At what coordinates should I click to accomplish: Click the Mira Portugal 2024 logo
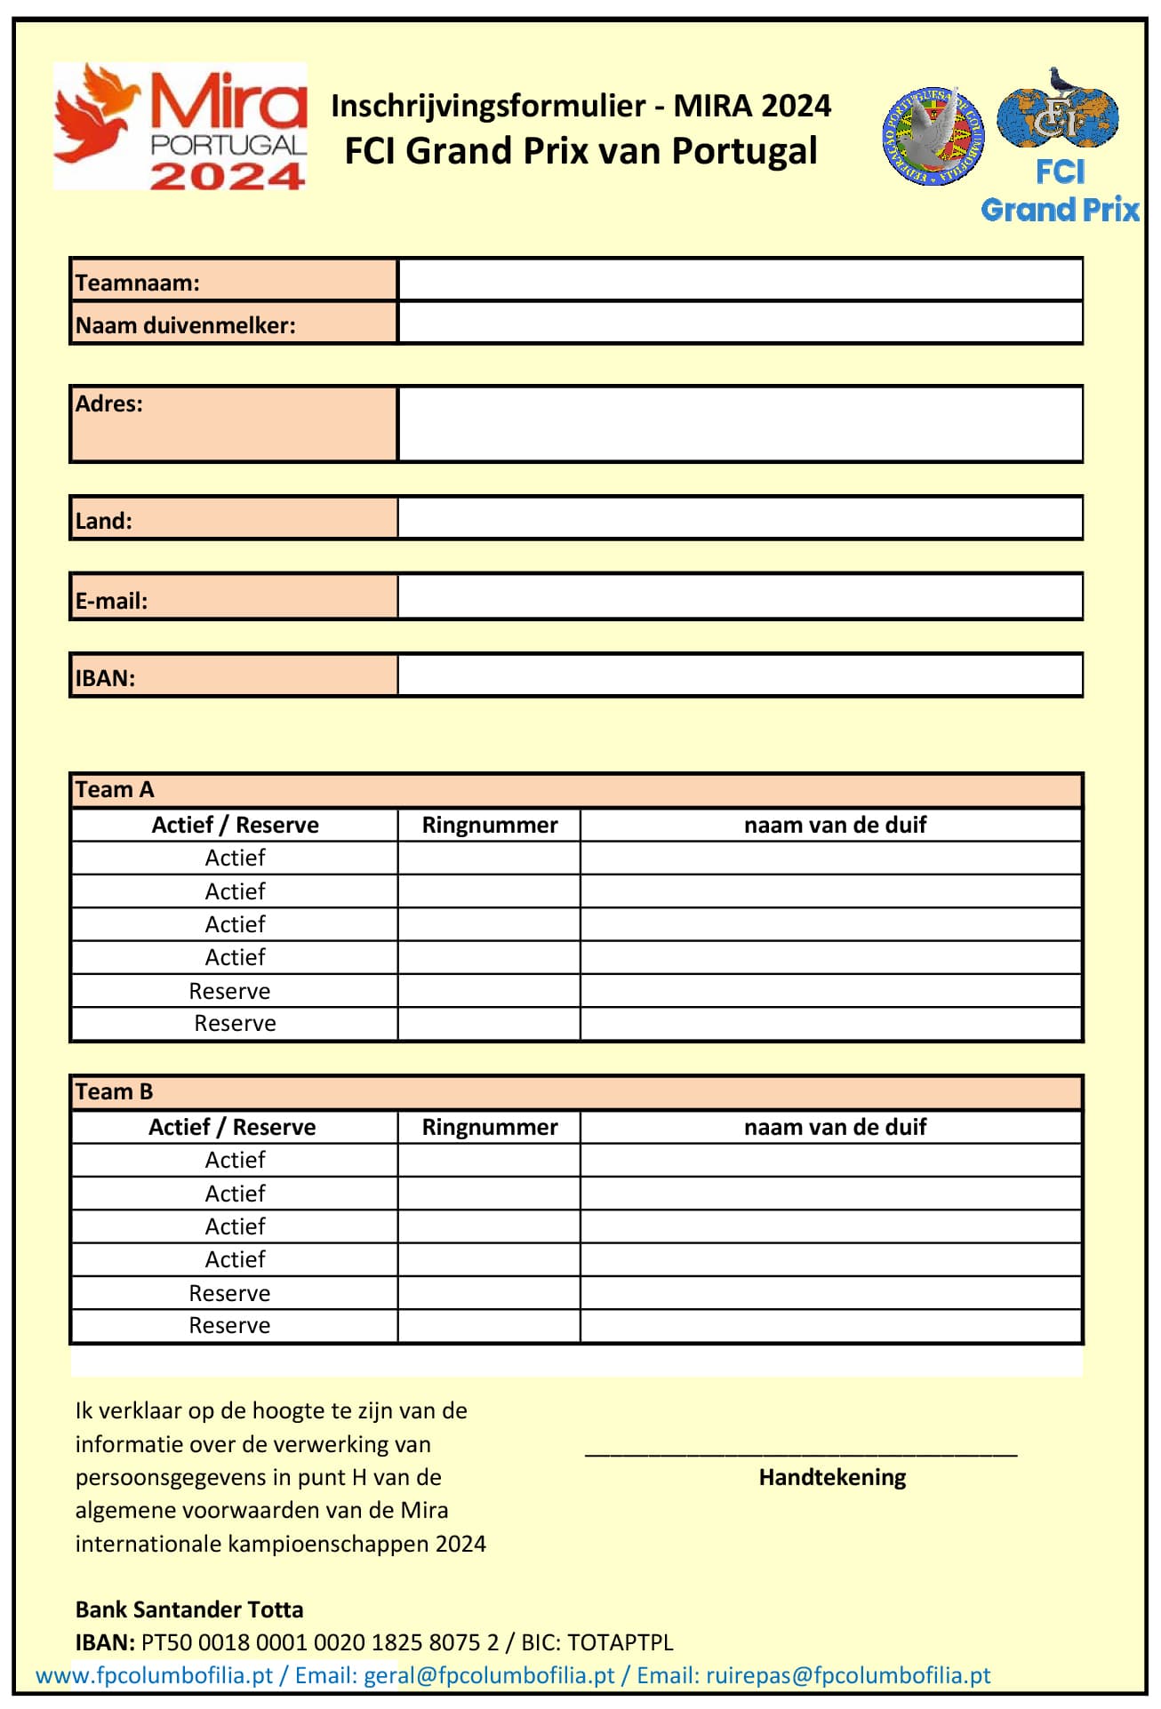click(180, 125)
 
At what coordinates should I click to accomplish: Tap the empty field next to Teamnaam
click(740, 280)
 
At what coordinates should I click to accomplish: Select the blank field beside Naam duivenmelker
click(740, 323)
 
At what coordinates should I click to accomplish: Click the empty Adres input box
click(740, 424)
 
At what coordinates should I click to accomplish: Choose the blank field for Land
click(740, 518)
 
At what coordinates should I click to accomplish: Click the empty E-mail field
click(740, 596)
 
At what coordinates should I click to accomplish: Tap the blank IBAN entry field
click(740, 675)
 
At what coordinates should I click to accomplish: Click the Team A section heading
click(115, 789)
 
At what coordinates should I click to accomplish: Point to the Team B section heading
click(115, 1091)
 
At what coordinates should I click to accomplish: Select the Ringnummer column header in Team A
click(490, 825)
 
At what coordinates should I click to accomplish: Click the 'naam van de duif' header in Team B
click(835, 1127)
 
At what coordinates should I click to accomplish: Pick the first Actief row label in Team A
click(235, 858)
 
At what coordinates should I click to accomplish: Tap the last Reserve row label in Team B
click(229, 1325)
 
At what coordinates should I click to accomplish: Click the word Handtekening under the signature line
click(832, 1477)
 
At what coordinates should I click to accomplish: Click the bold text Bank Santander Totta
click(189, 1609)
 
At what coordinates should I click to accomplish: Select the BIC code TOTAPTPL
click(621, 1642)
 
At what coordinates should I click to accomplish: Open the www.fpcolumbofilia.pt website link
click(154, 1675)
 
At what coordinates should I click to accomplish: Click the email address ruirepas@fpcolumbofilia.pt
click(848, 1675)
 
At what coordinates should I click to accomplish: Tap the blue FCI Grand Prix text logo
click(1060, 191)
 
